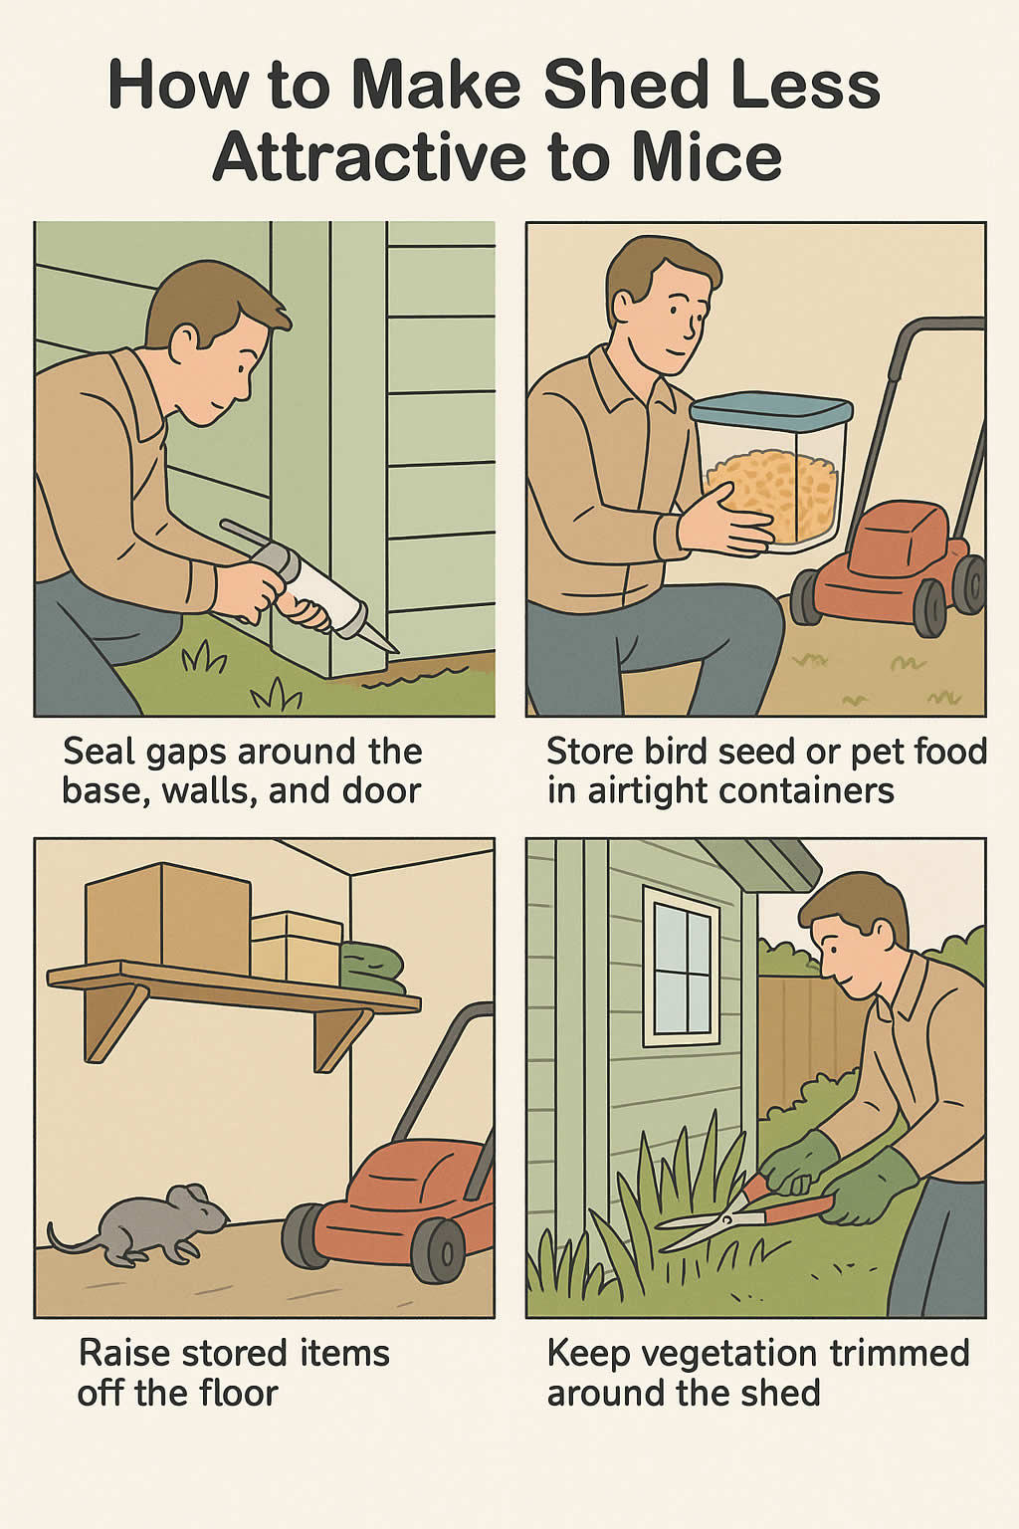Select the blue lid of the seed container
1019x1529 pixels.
pos(771,408)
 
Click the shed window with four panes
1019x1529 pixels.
pos(682,966)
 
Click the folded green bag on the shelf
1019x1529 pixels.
pos(372,968)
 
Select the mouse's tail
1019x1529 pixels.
pos(70,1242)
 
